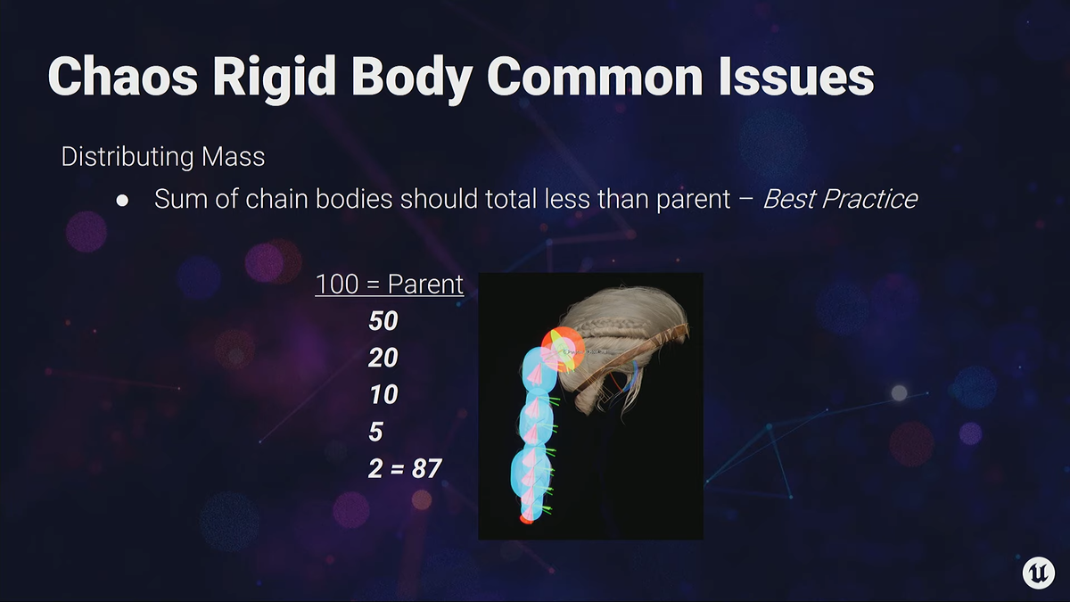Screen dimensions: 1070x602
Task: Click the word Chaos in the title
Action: (x=123, y=77)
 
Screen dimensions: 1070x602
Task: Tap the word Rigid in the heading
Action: (x=275, y=77)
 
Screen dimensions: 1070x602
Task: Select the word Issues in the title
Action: (x=797, y=77)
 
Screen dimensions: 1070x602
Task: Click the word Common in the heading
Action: (x=596, y=77)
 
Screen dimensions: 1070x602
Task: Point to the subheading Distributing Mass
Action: (x=163, y=157)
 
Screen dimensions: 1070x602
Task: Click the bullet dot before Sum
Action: (x=122, y=201)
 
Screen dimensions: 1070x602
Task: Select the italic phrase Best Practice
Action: (x=840, y=199)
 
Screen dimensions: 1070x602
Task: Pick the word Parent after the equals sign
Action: (x=425, y=284)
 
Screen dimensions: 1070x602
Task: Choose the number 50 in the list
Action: (x=383, y=320)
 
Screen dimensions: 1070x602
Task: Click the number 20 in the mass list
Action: (x=383, y=358)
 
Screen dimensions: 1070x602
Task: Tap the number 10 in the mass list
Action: (x=383, y=394)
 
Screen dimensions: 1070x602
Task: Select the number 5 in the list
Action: (x=376, y=432)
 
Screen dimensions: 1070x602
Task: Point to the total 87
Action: (x=426, y=469)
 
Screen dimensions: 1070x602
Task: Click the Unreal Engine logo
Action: (x=1039, y=572)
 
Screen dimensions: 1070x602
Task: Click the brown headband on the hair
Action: (x=631, y=359)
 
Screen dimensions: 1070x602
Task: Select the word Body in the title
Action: (x=412, y=77)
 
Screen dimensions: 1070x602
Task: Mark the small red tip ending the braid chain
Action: (x=526, y=519)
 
